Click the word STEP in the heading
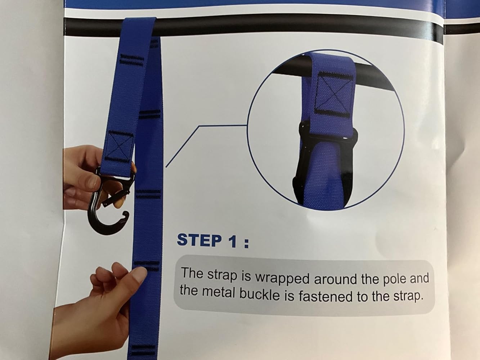pos(199,240)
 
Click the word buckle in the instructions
pos(260,294)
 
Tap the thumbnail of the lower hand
pos(139,275)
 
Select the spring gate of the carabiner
pos(116,195)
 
